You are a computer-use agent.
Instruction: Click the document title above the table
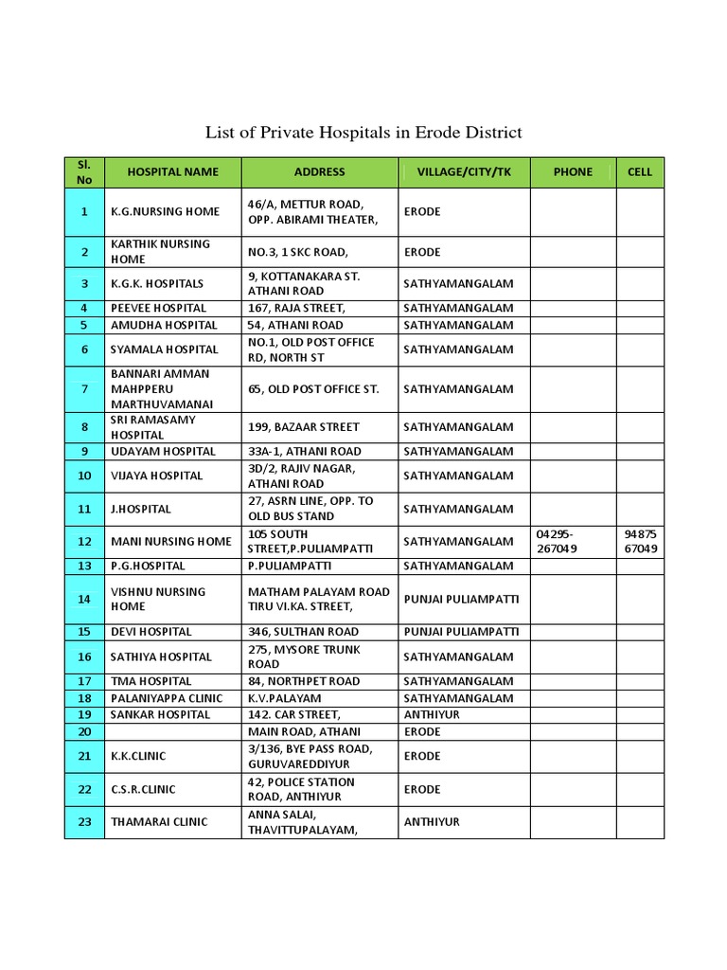[x=363, y=133]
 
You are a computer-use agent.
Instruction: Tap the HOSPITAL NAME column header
[x=172, y=172]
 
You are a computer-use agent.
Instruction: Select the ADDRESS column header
[x=319, y=172]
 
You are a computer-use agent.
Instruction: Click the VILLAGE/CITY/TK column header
[x=463, y=172]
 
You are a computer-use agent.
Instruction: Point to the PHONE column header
[x=573, y=172]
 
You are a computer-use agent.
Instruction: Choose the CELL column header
[x=640, y=172]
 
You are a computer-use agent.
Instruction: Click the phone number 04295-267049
[x=555, y=542]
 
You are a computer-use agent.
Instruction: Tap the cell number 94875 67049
[x=640, y=542]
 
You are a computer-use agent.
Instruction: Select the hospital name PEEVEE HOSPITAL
[x=158, y=308]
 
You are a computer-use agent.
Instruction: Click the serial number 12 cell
[x=84, y=542]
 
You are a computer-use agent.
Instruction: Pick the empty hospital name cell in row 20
[x=172, y=731]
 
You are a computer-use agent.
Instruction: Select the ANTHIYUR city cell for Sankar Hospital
[x=432, y=714]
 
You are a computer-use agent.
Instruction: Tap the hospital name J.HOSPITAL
[x=141, y=509]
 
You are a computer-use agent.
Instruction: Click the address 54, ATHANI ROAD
[x=295, y=325]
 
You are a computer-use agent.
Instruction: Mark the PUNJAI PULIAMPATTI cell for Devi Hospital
[x=461, y=632]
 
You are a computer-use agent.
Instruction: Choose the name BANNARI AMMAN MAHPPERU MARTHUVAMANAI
[x=160, y=388]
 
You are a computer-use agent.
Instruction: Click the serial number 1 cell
[x=84, y=212]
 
